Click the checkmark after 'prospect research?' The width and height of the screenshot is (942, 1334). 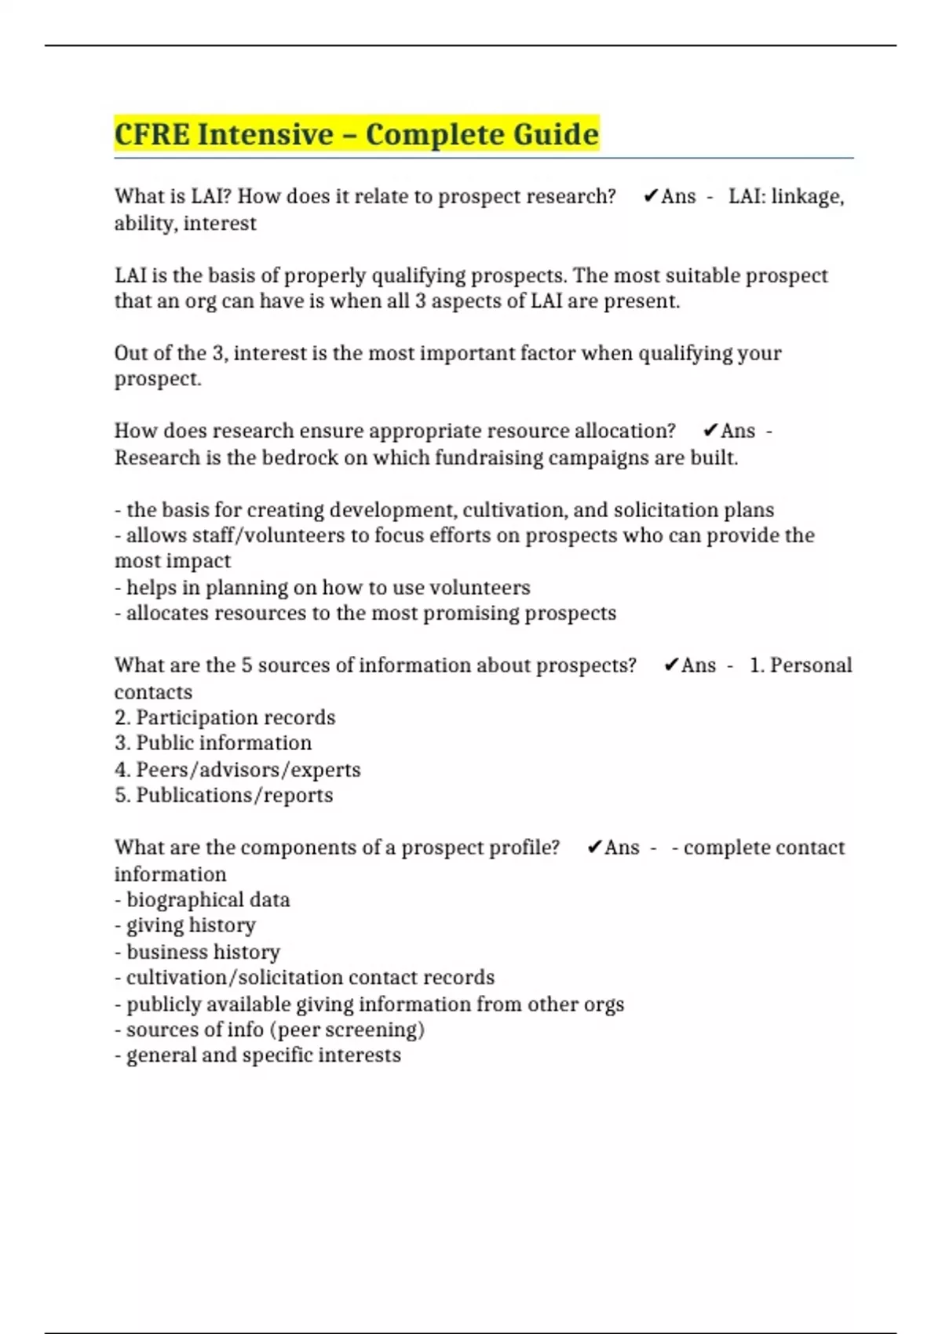point(650,196)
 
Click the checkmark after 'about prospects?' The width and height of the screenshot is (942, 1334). point(670,665)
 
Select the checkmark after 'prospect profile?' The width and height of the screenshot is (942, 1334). point(594,847)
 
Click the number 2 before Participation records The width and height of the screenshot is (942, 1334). point(121,717)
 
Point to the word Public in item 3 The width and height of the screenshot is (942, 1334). point(164,743)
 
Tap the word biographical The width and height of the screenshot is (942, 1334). point(184,899)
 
